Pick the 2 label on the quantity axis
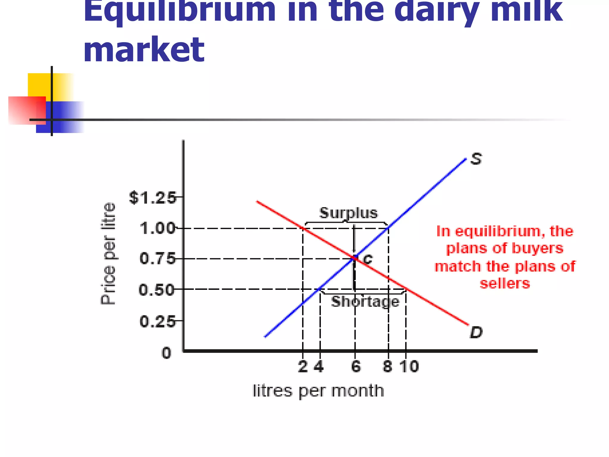(303, 367)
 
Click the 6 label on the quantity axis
(356, 367)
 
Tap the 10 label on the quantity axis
(409, 367)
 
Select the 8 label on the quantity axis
(387, 367)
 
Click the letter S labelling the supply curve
(476, 159)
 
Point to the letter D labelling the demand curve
(476, 332)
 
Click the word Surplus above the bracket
(349, 213)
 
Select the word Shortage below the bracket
(365, 302)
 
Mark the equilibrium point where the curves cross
(355, 258)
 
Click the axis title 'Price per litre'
(108, 253)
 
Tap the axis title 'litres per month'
(318, 391)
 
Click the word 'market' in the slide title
(144, 49)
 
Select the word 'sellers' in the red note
(505, 283)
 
